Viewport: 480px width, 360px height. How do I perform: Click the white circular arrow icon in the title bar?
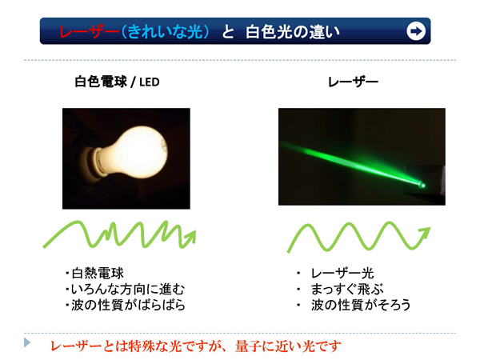click(x=416, y=31)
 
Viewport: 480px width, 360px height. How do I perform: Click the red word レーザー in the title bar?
click(x=89, y=31)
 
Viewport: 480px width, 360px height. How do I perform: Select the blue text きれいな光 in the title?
click(x=165, y=31)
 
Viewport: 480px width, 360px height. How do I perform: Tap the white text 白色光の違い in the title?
click(x=293, y=31)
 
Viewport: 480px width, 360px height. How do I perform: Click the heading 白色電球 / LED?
click(x=118, y=82)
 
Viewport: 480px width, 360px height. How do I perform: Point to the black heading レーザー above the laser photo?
click(x=353, y=82)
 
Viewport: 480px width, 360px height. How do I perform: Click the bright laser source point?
click(x=422, y=185)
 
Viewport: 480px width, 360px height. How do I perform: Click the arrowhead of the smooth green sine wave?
click(x=425, y=234)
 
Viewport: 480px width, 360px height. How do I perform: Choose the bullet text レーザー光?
click(x=342, y=273)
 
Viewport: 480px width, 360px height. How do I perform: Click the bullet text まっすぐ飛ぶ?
click(x=347, y=289)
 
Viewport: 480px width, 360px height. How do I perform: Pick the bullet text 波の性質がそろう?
click(x=361, y=305)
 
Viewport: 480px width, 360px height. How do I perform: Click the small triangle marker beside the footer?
click(x=27, y=342)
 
